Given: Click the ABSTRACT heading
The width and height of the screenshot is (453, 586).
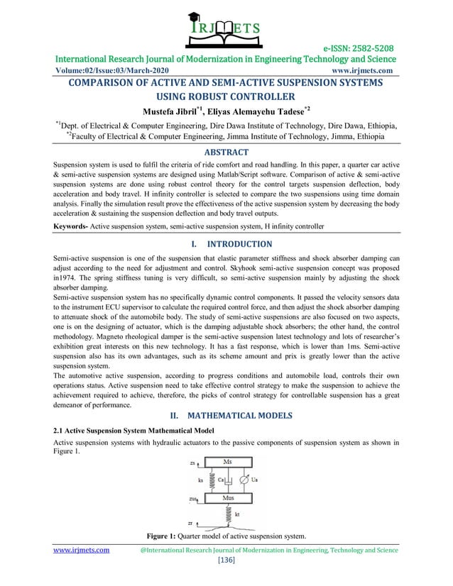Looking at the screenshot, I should pos(226,152).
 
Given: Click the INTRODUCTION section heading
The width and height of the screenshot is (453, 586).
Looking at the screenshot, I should pos(236,244).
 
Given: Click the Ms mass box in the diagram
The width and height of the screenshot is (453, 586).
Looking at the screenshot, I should pos(227,463).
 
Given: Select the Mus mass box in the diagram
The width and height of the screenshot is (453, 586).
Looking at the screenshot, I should pos(228,498).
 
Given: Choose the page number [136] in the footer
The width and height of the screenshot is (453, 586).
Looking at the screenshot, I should pos(226,560).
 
